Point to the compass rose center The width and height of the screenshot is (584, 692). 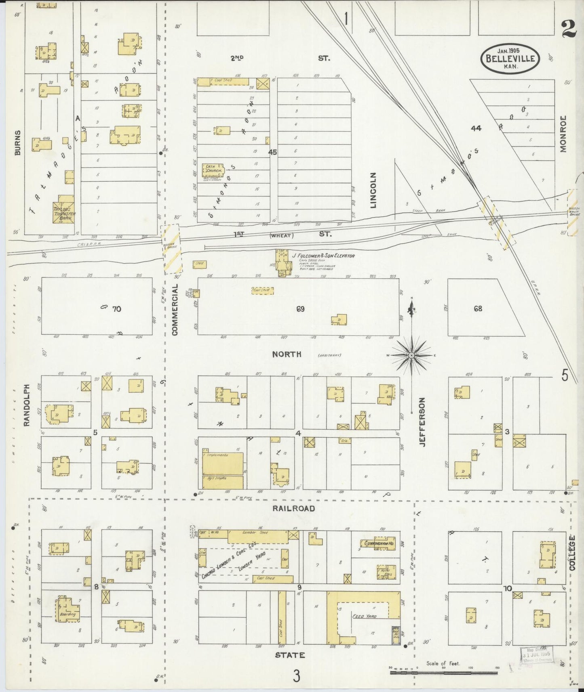(x=411, y=355)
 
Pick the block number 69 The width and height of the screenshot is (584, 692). (x=300, y=309)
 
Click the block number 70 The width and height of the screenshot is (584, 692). (x=116, y=309)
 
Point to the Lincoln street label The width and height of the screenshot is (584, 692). (x=373, y=190)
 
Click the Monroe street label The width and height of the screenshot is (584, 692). (x=564, y=134)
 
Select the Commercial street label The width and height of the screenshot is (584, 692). (x=175, y=310)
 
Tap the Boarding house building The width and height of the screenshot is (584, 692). (x=68, y=614)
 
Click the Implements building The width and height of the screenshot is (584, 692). (x=223, y=463)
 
